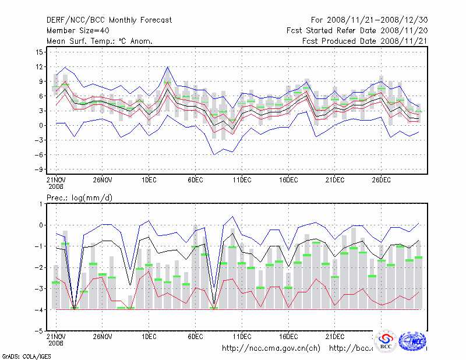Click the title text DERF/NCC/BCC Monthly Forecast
(109, 20)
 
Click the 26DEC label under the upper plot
(381, 180)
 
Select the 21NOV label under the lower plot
(56, 336)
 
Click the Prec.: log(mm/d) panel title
(79, 198)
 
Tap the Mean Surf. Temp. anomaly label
(100, 41)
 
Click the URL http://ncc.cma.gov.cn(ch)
(271, 348)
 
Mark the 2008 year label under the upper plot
(56, 187)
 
